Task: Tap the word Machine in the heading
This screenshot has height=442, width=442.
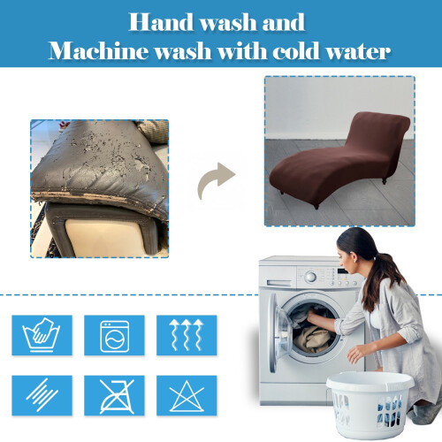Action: (x=98, y=50)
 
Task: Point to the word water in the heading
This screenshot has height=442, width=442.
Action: (x=358, y=51)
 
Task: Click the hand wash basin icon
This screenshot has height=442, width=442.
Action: (x=42, y=335)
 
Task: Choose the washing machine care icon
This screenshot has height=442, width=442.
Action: (x=114, y=335)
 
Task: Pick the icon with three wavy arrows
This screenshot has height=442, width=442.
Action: (x=187, y=335)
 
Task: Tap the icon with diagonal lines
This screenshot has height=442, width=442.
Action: (x=42, y=395)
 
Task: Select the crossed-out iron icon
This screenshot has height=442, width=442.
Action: (x=114, y=395)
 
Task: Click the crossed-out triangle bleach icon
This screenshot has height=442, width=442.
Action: (x=187, y=395)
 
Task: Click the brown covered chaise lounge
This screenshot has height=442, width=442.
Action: (x=339, y=159)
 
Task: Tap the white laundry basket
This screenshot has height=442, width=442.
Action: (x=370, y=404)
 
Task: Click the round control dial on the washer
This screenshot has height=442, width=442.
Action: (x=310, y=277)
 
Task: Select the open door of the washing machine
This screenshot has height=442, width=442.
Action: (x=277, y=333)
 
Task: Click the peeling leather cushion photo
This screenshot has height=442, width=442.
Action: (x=100, y=189)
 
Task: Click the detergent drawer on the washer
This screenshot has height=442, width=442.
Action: (x=278, y=283)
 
